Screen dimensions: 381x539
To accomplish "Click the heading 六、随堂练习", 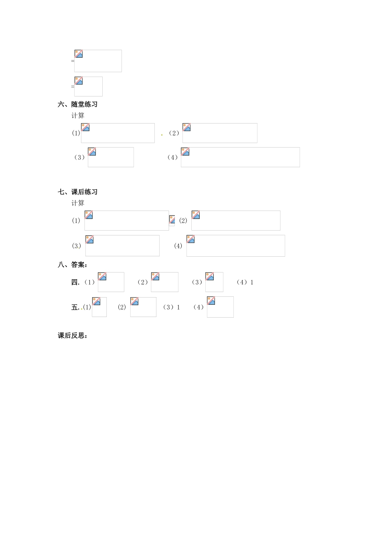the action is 77,104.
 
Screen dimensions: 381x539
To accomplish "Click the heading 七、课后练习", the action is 77,192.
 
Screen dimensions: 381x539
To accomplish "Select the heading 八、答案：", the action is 73,265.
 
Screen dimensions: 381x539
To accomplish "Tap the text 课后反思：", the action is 73,336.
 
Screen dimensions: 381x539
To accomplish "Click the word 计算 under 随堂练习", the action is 78,115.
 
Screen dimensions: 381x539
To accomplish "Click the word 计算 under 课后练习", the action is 78,203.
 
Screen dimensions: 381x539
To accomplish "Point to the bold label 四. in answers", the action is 75,282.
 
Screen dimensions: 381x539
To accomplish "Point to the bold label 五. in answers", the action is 75,308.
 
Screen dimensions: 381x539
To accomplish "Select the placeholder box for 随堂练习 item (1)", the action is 118,133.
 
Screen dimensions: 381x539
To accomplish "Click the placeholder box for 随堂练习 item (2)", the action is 220,133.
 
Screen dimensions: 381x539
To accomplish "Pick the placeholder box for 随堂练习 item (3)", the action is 111,157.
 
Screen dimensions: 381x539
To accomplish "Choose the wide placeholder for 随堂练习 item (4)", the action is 240,157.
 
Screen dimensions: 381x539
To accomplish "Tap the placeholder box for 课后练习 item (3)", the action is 122,245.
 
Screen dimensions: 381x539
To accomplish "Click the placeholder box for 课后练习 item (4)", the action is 235,245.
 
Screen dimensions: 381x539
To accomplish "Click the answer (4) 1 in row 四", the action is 245,282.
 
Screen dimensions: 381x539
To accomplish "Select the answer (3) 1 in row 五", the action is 172,308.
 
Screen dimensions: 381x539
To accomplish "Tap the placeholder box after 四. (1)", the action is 111,282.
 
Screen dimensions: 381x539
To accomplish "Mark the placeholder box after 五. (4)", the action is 220,307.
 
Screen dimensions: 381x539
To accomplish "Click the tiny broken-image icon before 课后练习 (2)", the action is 172,220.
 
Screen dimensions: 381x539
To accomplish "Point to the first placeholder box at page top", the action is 98,61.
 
